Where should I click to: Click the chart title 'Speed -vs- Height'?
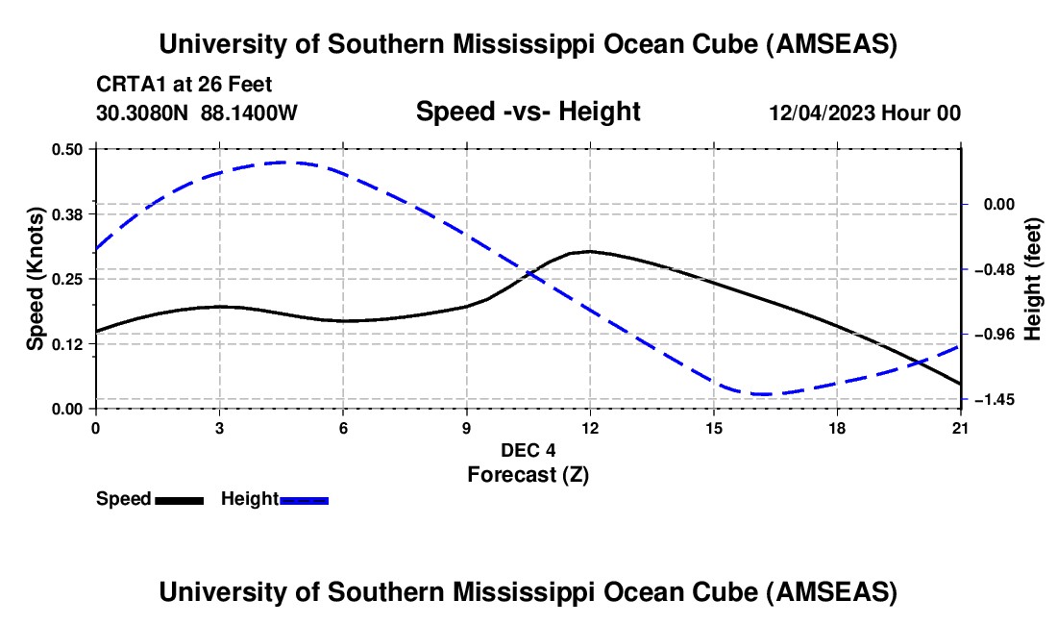(x=528, y=112)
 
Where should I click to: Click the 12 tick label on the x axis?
(x=589, y=427)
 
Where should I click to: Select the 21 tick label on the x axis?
(x=961, y=427)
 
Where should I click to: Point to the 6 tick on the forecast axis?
(x=343, y=427)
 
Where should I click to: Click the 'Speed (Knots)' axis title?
(x=35, y=278)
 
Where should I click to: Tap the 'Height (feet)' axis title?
(x=1033, y=278)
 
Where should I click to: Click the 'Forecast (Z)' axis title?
(x=528, y=474)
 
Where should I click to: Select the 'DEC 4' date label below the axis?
(x=528, y=450)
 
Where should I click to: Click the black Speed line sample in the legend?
(x=179, y=500)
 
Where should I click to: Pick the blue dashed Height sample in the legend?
(x=304, y=500)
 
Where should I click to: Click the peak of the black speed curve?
(x=589, y=251)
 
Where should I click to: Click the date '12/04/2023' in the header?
(x=822, y=112)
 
